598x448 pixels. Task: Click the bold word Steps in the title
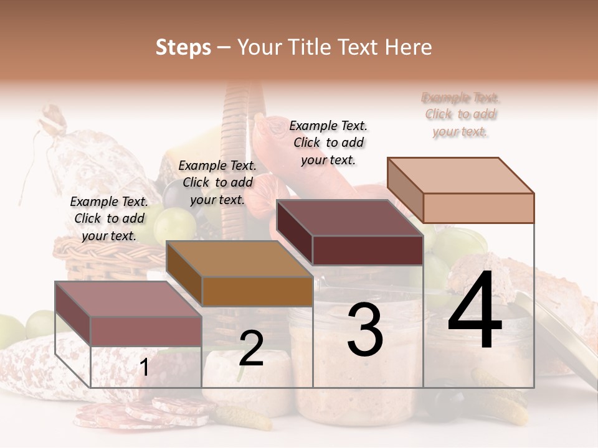[x=183, y=47]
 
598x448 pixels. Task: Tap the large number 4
[x=475, y=311]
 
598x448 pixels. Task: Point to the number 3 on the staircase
[x=365, y=330]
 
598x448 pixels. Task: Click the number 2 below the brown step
[x=251, y=349]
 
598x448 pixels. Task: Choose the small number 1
[x=144, y=368]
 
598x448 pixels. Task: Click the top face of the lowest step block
[x=128, y=299]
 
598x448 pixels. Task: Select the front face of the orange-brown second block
[x=257, y=291]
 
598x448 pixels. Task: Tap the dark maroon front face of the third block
[x=368, y=250]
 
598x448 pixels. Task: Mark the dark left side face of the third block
[x=294, y=231]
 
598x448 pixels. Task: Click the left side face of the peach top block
[x=405, y=190]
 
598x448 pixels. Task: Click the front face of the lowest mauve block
[x=146, y=331]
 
